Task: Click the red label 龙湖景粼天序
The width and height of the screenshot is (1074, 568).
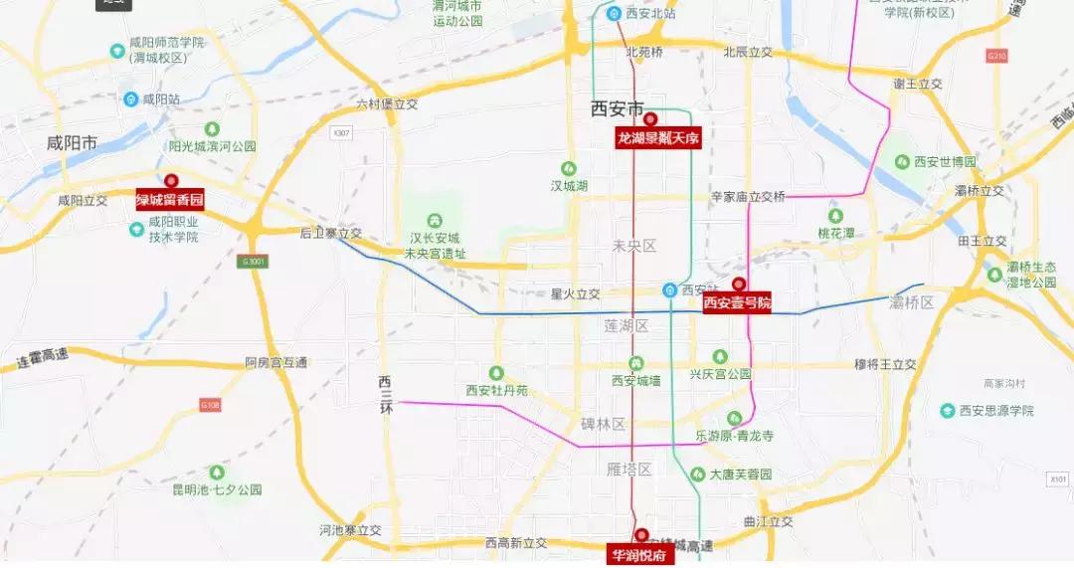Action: coord(658,138)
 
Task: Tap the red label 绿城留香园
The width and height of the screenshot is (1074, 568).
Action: coord(170,200)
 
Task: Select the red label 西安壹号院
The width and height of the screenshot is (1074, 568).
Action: coord(737,302)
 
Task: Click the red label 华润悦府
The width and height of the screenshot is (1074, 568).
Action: coord(641,555)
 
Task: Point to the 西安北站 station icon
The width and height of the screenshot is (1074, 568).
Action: coord(615,13)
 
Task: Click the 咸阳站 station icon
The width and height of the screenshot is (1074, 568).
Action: coord(130,98)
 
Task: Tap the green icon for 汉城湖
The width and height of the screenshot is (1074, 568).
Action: coord(569,168)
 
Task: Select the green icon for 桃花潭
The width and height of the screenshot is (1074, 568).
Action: coord(835,215)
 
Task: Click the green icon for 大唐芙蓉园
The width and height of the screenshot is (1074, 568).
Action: coord(698,474)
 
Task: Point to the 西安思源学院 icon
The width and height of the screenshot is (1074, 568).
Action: coord(948,410)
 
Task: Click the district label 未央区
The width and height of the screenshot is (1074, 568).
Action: coord(635,246)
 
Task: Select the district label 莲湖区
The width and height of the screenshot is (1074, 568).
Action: coord(626,326)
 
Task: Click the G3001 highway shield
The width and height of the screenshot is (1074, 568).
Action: coord(255,262)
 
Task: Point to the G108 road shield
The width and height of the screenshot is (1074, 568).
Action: coord(210,405)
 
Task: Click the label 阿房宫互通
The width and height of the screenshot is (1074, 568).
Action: coord(276,363)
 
